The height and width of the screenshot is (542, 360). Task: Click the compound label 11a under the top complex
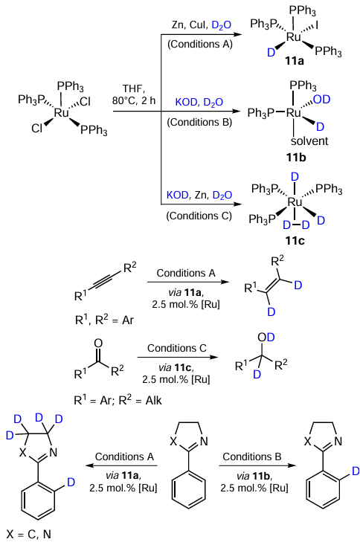295,62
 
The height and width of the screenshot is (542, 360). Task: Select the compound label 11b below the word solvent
296,158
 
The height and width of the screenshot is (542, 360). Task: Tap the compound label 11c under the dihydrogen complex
295,240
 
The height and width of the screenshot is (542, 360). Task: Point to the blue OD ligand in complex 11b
321,100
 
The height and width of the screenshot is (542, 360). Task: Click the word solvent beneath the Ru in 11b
309,141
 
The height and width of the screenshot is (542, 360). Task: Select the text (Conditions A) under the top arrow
200,45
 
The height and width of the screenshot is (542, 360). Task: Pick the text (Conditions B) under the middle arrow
199,122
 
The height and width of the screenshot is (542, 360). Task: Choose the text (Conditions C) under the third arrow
199,216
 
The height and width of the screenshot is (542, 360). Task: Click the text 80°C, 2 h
134,100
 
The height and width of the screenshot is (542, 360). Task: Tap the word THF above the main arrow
132,88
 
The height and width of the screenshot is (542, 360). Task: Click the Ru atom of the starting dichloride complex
62,113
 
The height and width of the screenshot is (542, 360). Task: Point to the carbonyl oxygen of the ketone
99,343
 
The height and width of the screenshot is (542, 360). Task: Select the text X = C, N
29,534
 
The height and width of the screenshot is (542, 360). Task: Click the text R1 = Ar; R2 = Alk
118,400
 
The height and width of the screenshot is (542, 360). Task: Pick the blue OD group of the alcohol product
266,338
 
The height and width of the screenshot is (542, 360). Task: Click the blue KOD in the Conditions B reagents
187,103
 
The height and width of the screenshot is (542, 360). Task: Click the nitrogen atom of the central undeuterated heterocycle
204,442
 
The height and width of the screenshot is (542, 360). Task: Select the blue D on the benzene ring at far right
356,471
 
